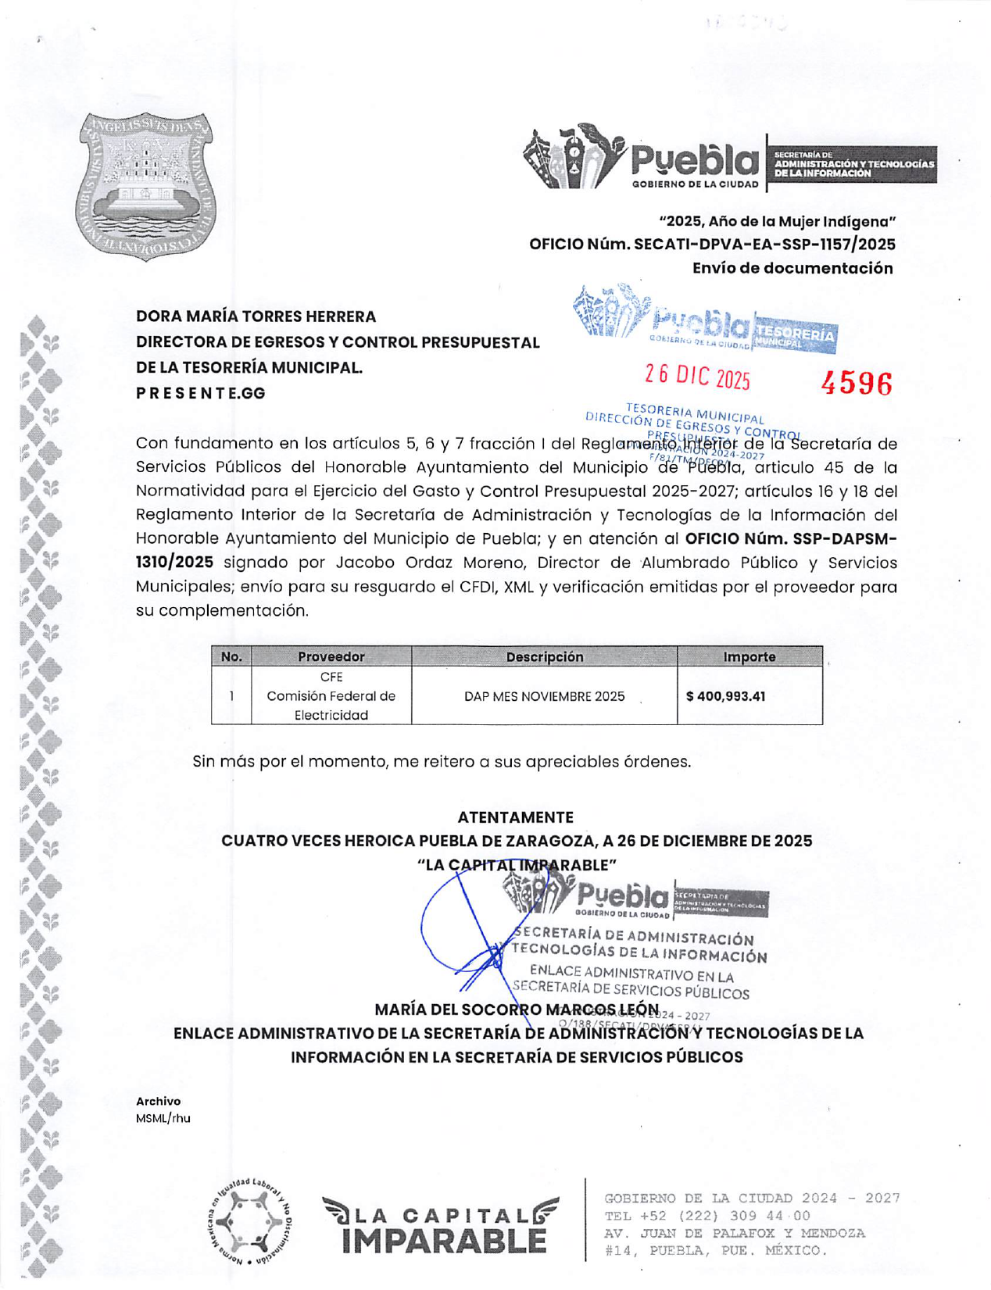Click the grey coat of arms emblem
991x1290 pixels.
point(146,186)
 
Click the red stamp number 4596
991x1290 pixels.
point(856,384)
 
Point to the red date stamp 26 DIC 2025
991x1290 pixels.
point(697,377)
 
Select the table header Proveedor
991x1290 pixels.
point(331,657)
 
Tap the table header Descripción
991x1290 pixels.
point(544,657)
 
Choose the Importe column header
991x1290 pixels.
point(749,657)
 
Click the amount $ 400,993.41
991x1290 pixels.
point(725,696)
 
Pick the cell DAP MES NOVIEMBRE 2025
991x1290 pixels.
point(544,696)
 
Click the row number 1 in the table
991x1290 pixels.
point(231,695)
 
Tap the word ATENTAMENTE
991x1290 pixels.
point(515,817)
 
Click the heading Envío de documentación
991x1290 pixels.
point(792,268)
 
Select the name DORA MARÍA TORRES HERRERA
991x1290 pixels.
point(256,316)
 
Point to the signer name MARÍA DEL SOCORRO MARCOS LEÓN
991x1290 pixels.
point(516,1009)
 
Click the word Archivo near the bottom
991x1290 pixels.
point(158,1101)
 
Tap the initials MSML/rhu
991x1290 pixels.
point(163,1118)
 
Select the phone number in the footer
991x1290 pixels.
point(707,1216)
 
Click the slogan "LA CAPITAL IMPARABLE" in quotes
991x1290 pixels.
point(517,865)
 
